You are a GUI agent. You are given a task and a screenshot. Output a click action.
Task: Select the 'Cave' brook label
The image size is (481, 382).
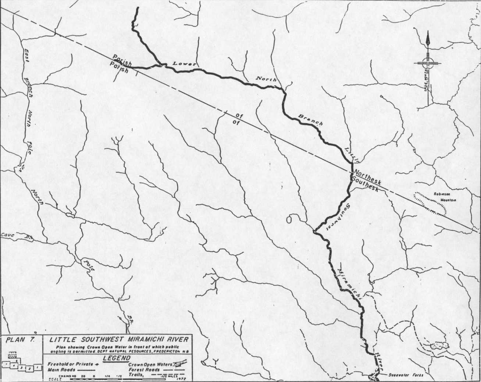[7, 235]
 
